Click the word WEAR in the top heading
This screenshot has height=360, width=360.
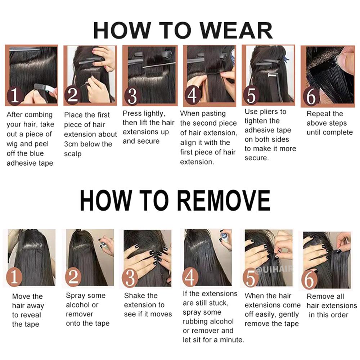236,31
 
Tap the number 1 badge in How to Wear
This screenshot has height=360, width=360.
15,95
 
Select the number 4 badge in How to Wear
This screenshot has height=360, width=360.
193,95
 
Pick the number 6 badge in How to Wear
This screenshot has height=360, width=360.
311,96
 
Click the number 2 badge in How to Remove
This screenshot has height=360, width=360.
73,277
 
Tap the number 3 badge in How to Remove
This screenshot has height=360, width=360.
130,278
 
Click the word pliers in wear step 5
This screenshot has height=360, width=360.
269,112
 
